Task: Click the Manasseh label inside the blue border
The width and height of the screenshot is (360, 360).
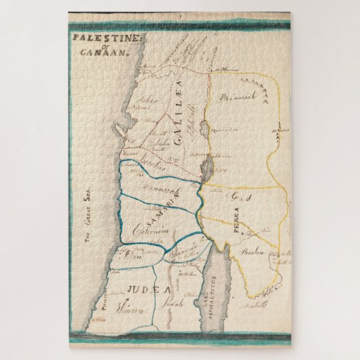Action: click(155, 185)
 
